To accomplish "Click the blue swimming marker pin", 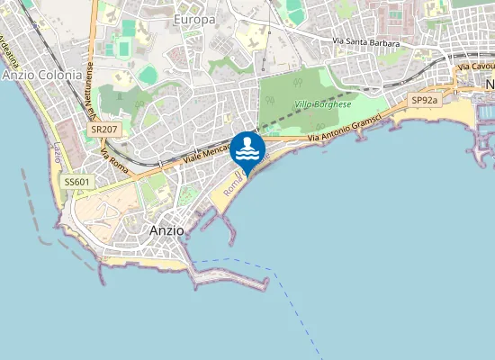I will (x=247, y=150).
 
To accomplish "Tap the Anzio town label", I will (x=166, y=230).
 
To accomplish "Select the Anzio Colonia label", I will (x=41, y=75).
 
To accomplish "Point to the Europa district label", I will (x=195, y=19).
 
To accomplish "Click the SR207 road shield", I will (x=104, y=130).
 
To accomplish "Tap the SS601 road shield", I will (x=76, y=182).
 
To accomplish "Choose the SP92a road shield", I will (x=424, y=100).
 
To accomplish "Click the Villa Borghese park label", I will (x=322, y=104).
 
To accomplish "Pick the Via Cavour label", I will (x=475, y=67).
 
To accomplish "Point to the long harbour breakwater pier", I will (x=230, y=277).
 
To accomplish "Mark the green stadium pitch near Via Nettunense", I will (x=148, y=75).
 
